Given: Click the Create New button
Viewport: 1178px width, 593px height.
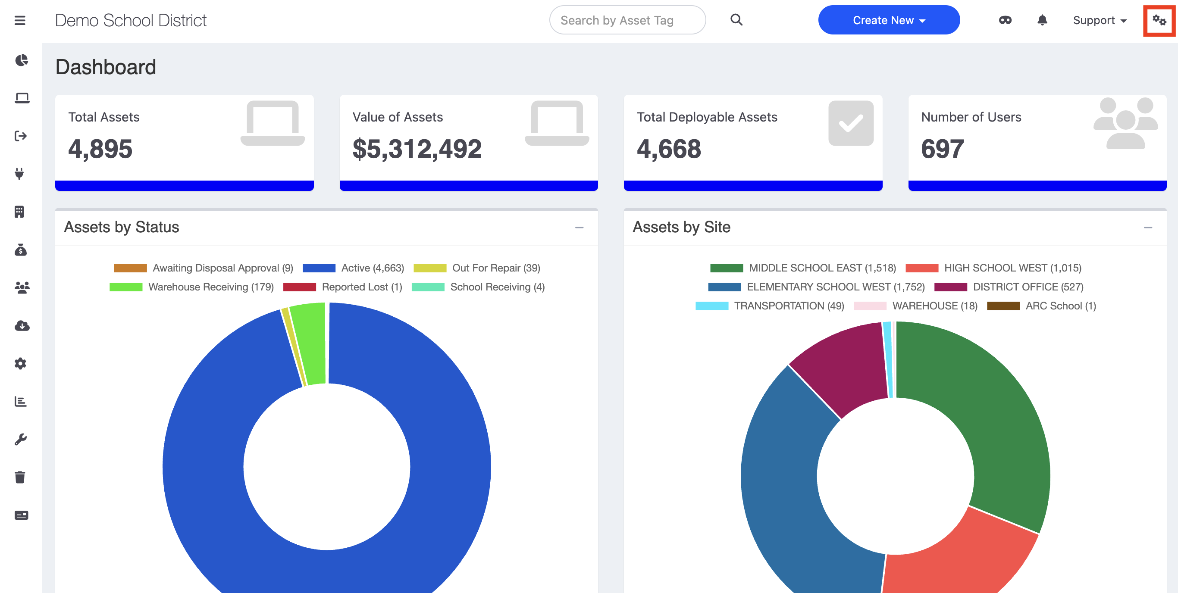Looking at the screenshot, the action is pyautogui.click(x=889, y=20).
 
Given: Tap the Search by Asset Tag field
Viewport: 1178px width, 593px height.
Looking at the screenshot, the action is pyautogui.click(x=627, y=20).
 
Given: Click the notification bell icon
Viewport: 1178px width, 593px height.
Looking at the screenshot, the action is pyautogui.click(x=1042, y=20).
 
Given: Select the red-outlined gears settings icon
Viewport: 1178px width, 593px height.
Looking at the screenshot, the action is pyautogui.click(x=1159, y=20).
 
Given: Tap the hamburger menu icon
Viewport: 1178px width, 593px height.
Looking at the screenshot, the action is pyautogui.click(x=20, y=21).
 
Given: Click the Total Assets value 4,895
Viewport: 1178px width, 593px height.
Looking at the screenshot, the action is pyautogui.click(x=100, y=149).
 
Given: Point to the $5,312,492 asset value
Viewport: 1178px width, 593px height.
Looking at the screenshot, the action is pyautogui.click(x=417, y=149).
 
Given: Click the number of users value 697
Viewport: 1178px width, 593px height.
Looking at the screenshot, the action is pyautogui.click(x=942, y=149).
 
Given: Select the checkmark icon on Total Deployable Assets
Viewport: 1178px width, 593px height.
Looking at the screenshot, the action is pyautogui.click(x=851, y=123).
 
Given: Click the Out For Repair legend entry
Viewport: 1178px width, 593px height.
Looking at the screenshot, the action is pyautogui.click(x=477, y=268).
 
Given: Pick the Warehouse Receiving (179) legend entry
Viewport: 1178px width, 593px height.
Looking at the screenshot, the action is pyautogui.click(x=191, y=287).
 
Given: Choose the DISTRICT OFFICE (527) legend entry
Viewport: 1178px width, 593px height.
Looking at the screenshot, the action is pyautogui.click(x=1009, y=287).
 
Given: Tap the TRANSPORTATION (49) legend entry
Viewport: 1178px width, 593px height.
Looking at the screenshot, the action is pyautogui.click(x=770, y=306).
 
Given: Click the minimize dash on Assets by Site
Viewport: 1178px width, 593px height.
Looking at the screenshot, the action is pyautogui.click(x=1148, y=228).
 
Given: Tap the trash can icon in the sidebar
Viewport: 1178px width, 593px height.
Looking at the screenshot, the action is pyautogui.click(x=20, y=478).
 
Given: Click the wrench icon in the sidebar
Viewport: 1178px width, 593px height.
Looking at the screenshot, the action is pyautogui.click(x=20, y=440).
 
